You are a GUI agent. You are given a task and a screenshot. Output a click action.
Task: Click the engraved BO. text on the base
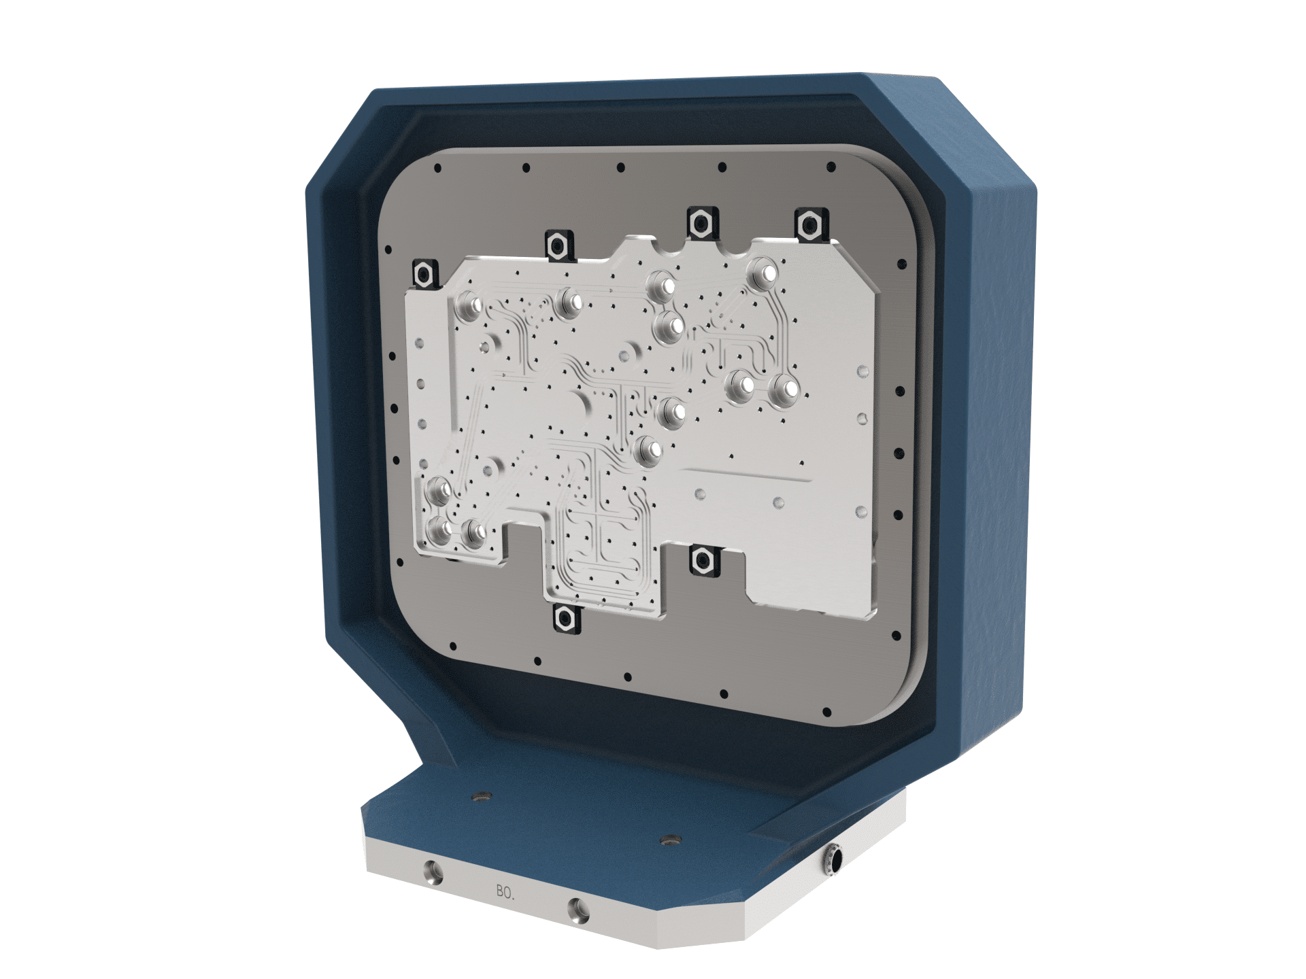505,892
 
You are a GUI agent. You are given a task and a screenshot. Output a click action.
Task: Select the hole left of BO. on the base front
433,872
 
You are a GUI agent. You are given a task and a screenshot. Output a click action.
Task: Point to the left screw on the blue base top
482,795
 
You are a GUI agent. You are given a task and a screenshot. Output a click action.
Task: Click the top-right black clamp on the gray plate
809,223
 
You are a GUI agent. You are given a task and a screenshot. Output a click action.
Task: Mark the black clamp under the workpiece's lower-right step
701,559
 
